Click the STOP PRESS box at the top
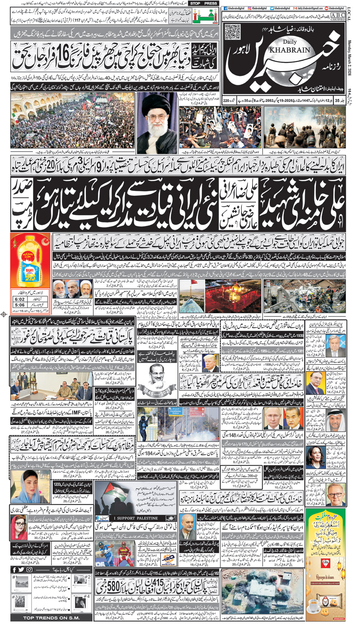204,3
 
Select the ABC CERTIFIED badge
337,17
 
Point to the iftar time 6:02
20,299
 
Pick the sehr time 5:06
20,305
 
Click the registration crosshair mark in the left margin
4,314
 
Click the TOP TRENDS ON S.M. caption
51,618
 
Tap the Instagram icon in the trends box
29,569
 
